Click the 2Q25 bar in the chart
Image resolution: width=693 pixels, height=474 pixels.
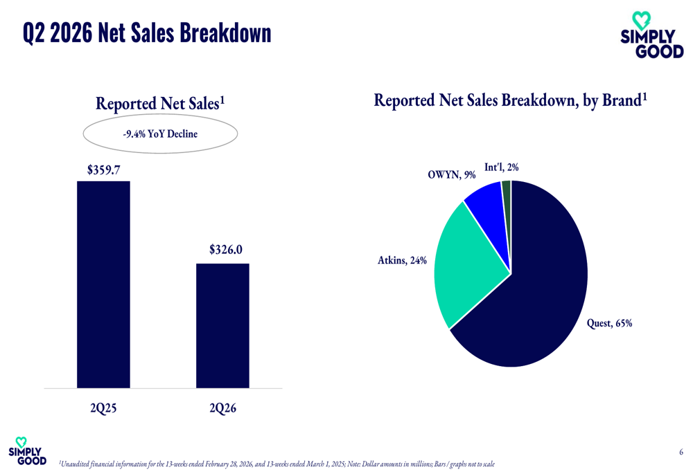(103, 284)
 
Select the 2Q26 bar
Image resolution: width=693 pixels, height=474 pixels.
(222, 325)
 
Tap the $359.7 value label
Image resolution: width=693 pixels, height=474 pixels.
(103, 168)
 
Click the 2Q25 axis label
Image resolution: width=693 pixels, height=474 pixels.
(103, 408)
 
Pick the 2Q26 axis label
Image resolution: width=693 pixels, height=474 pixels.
(222, 408)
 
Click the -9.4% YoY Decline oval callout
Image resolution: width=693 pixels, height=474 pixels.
(160, 134)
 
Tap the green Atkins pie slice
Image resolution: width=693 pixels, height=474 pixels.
(468, 266)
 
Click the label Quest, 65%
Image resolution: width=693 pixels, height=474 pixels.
(609, 323)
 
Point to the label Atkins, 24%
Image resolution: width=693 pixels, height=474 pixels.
(402, 261)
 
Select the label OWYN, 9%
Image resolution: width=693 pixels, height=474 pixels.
(451, 176)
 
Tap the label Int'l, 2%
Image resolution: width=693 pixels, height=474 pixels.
(501, 167)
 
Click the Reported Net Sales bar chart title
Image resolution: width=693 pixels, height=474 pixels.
(160, 104)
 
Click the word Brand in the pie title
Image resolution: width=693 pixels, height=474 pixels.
(620, 100)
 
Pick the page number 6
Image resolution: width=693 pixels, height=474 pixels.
(681, 453)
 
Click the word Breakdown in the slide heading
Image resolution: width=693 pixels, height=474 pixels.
(225, 33)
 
